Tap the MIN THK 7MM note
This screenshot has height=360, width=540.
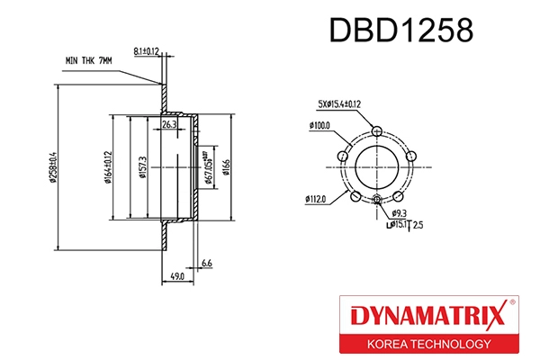[88, 60]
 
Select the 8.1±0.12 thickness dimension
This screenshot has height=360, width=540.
[145, 52]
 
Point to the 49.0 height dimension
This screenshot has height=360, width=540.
[177, 276]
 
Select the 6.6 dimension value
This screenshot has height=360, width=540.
[206, 263]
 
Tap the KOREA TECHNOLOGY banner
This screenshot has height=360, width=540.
[427, 344]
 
